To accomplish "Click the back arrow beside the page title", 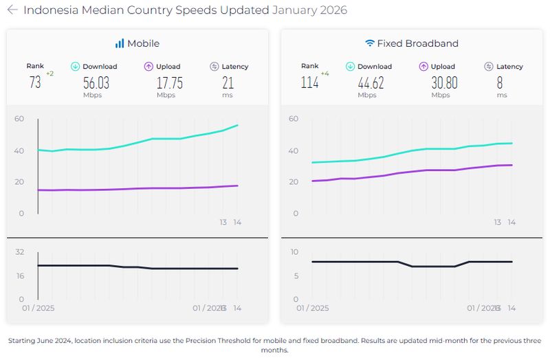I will pos(12,10).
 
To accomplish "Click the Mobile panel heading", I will pos(137,43).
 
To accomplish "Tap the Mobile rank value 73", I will pos(35,82).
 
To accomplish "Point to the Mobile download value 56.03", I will pos(96,82).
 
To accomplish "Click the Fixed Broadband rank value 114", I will pos(309,82).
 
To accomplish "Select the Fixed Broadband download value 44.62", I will pos(371,82).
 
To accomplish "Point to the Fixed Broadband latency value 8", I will pos(500,82).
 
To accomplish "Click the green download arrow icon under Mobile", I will pos(76,67).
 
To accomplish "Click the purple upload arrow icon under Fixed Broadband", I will pos(423,67).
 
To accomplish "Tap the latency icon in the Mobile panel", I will pos(214,67).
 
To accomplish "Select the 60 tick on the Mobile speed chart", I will pos(19,119).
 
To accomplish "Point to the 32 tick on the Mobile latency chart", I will pos(19,252).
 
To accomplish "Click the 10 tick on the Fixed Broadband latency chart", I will pos(294,252).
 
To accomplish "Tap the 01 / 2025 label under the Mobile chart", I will pos(38,308).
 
